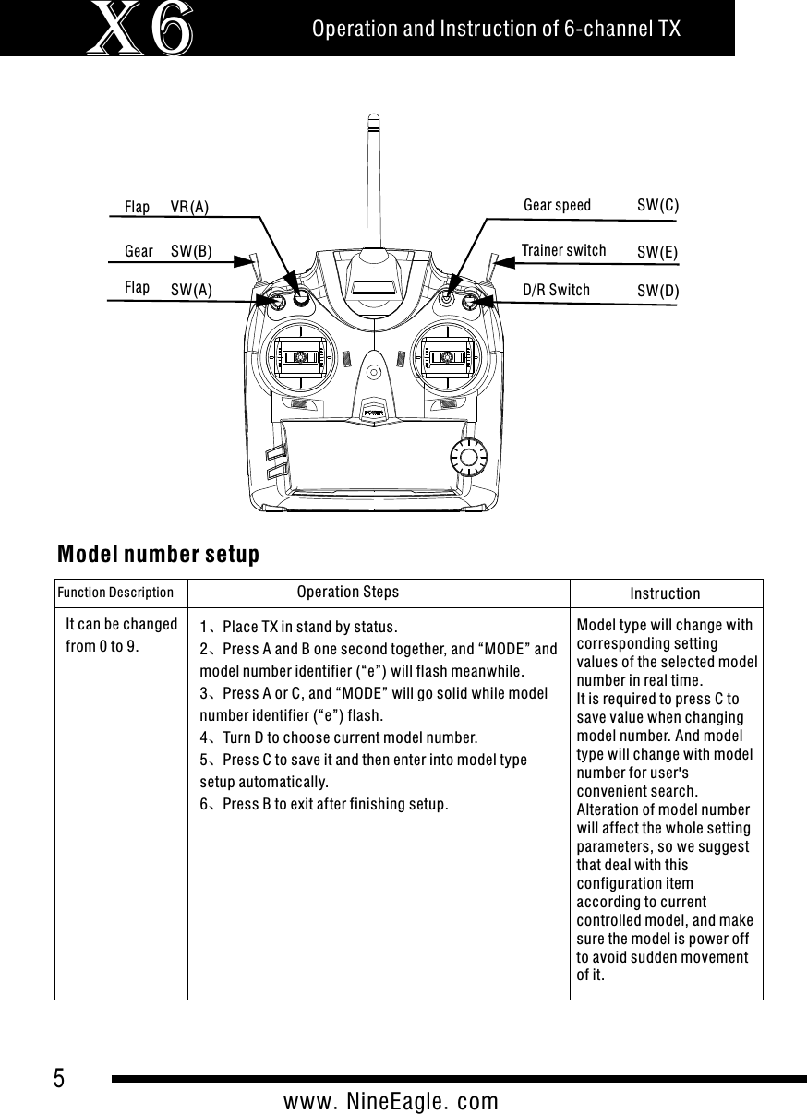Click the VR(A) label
(x=190, y=207)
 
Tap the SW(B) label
(x=191, y=251)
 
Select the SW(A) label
(x=191, y=290)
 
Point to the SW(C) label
(x=657, y=205)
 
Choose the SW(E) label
(x=657, y=251)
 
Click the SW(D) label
(x=657, y=291)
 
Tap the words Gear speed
(x=557, y=205)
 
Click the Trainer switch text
(x=563, y=250)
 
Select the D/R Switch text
(x=556, y=290)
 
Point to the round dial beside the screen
(x=470, y=457)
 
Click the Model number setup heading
(x=158, y=555)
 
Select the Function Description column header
(x=115, y=593)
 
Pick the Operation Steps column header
(x=348, y=592)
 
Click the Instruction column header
(x=665, y=593)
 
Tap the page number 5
(x=59, y=1078)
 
